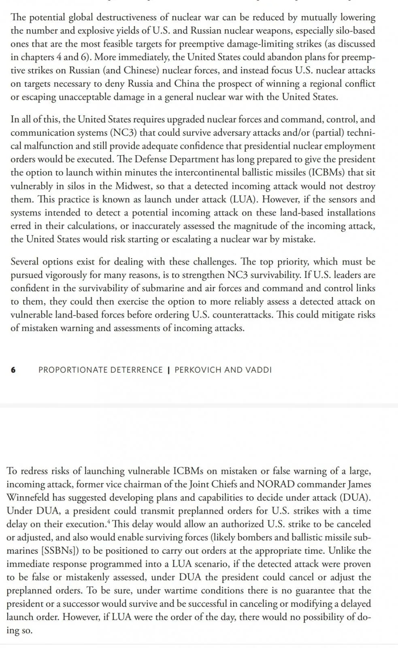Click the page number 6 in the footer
coord(13,370)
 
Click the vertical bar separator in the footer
coord(168,370)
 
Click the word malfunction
coord(45,146)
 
